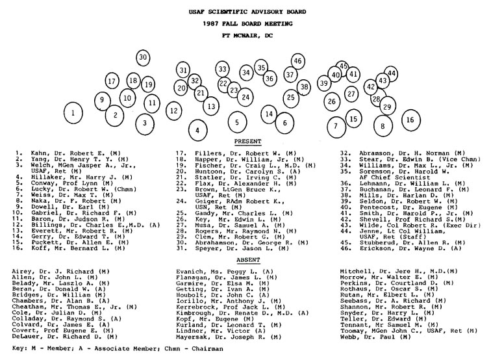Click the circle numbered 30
click(x=144, y=58)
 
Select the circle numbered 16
click(x=409, y=120)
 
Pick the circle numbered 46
click(x=297, y=61)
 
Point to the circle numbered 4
click(x=197, y=130)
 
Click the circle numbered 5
click(x=237, y=122)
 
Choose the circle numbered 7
click(x=336, y=125)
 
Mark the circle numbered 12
click(x=173, y=110)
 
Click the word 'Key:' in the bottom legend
click(x=21, y=348)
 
